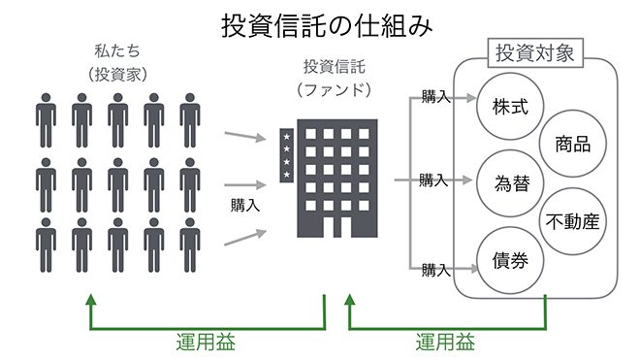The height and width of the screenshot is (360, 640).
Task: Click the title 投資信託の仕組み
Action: coord(326,26)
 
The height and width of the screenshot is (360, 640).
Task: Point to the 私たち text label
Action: coord(117,51)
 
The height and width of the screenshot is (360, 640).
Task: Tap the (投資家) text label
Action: coord(117,74)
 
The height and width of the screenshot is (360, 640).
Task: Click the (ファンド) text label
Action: coord(334,89)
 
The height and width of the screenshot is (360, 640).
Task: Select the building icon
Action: coord(329,179)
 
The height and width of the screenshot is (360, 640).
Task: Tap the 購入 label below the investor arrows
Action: coord(245,205)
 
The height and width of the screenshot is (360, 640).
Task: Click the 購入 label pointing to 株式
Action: coord(436,97)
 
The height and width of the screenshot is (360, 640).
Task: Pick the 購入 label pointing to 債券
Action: coord(436,270)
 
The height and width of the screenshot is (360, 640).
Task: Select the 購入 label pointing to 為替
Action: coord(433,180)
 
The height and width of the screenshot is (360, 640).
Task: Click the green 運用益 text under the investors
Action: coord(206,342)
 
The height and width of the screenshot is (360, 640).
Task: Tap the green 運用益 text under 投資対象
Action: coord(445,342)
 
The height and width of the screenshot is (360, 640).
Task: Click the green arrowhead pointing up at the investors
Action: coord(91,300)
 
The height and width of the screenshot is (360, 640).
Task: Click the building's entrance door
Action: coord(337,227)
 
